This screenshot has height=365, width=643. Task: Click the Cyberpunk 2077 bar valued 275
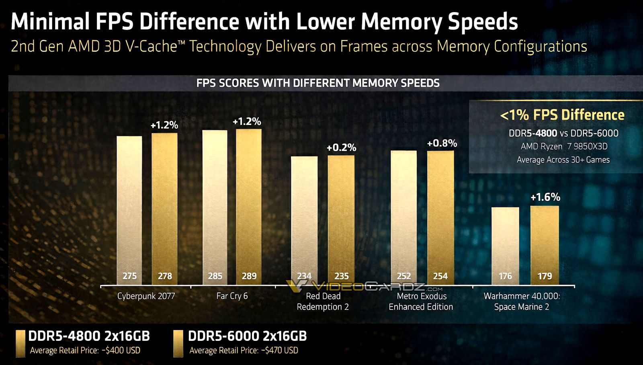point(129,209)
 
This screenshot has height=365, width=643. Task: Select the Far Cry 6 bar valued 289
point(249,205)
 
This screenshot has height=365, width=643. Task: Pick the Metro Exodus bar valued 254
point(440,217)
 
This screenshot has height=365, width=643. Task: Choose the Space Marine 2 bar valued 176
point(505,245)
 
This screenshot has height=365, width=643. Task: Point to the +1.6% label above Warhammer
point(545,197)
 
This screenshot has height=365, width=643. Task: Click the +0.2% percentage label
point(341,148)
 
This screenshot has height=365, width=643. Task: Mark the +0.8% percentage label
point(442,143)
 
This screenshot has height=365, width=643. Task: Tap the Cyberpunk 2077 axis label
point(146,296)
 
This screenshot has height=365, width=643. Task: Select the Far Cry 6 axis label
point(232,296)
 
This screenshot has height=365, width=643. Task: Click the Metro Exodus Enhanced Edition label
point(421,301)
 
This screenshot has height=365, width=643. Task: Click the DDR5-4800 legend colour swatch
point(20,344)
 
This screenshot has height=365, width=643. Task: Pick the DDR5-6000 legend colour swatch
point(178,344)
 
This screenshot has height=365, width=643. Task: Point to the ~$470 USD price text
point(280,351)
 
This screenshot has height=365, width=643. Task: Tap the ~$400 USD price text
point(121,351)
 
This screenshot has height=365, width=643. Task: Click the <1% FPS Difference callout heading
point(562,115)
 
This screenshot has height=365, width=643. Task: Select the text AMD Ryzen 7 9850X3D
point(563,146)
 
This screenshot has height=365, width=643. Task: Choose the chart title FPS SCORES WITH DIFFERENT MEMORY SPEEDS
point(317,83)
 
